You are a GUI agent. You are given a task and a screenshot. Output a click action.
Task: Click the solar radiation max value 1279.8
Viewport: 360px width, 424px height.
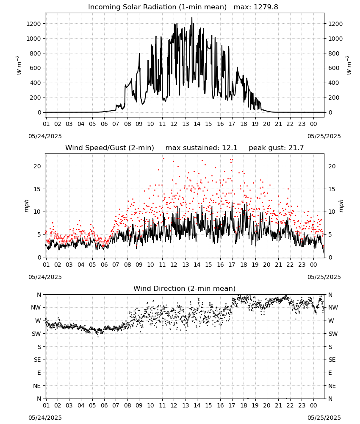(x=266, y=7)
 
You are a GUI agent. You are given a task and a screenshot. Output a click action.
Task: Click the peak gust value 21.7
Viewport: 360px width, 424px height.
(x=296, y=148)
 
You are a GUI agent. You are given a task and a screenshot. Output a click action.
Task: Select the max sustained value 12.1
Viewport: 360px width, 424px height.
(x=230, y=148)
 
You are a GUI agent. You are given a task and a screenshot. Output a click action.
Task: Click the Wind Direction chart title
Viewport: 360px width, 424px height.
(x=185, y=288)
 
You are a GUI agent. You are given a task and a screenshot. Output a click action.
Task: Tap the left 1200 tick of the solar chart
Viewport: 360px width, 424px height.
(x=33, y=24)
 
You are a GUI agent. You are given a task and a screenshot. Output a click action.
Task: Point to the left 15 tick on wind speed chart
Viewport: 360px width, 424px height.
(x=37, y=189)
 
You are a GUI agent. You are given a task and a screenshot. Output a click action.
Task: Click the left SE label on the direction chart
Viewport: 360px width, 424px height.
(x=37, y=360)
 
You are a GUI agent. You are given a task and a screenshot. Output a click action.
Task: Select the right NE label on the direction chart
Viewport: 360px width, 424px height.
(x=332, y=386)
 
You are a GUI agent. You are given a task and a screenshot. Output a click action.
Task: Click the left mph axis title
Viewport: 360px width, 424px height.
(x=26, y=206)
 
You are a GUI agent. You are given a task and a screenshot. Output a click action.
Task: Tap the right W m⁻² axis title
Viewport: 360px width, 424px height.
(x=349, y=65)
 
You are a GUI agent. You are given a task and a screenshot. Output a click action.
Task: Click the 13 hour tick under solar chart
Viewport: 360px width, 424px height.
(x=186, y=124)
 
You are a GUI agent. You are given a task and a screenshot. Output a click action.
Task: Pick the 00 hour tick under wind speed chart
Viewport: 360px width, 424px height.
(x=313, y=265)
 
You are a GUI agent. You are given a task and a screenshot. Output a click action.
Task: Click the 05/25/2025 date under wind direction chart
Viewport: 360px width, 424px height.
(x=324, y=418)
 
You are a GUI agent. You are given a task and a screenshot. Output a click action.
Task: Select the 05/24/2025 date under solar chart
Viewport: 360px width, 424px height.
(x=45, y=136)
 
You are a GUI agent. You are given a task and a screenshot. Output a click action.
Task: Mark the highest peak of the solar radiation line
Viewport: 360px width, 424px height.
(x=192, y=17)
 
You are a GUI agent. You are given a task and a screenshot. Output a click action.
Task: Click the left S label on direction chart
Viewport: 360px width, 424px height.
(x=39, y=347)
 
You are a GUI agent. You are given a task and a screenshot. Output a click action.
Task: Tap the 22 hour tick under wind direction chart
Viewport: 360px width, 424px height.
(x=290, y=405)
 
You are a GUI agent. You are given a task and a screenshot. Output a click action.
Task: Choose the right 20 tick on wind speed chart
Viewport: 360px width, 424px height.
(x=332, y=166)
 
